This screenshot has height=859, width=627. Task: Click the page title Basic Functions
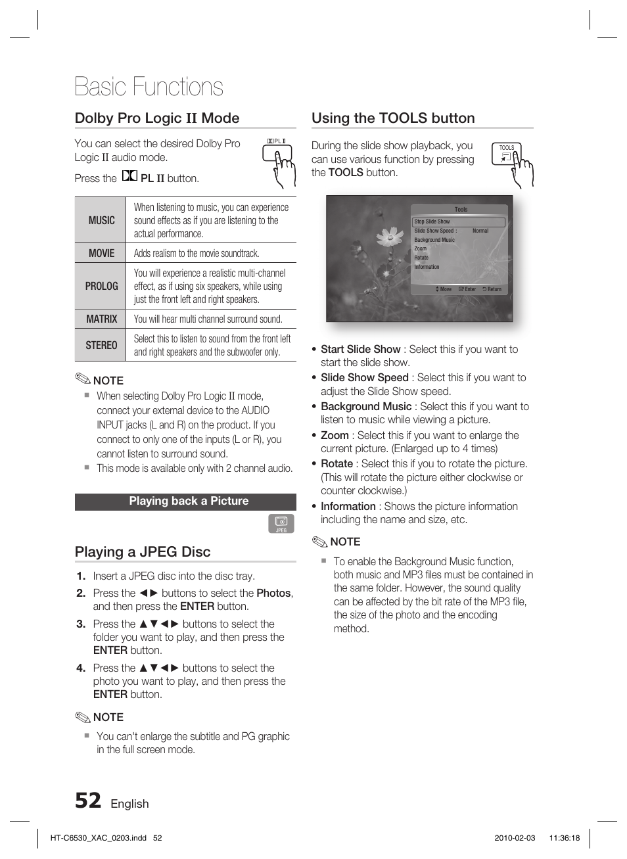coord(149,87)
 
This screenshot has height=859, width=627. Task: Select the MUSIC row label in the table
coord(101,220)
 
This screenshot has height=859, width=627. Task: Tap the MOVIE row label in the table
coord(101,253)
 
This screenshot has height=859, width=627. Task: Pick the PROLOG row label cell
coord(101,286)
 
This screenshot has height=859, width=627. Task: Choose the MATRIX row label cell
coord(101,319)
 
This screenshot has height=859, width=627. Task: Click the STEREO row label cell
coord(101,345)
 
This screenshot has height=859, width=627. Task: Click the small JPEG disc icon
coord(281,523)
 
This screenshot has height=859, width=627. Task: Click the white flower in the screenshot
coord(390,236)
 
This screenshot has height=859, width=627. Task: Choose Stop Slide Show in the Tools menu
coord(432,222)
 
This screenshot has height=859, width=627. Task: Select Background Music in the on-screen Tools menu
coord(434,240)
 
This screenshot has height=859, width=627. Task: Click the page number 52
coord(88,801)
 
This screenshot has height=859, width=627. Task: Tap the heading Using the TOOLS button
coord(393,118)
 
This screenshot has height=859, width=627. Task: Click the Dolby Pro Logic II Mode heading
coord(157,118)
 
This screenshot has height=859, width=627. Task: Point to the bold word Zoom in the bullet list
coord(335,435)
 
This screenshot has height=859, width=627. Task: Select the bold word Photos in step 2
coord(273,593)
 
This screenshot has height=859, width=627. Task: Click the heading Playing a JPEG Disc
coord(143,552)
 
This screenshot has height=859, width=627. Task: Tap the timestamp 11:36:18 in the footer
coord(564,838)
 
